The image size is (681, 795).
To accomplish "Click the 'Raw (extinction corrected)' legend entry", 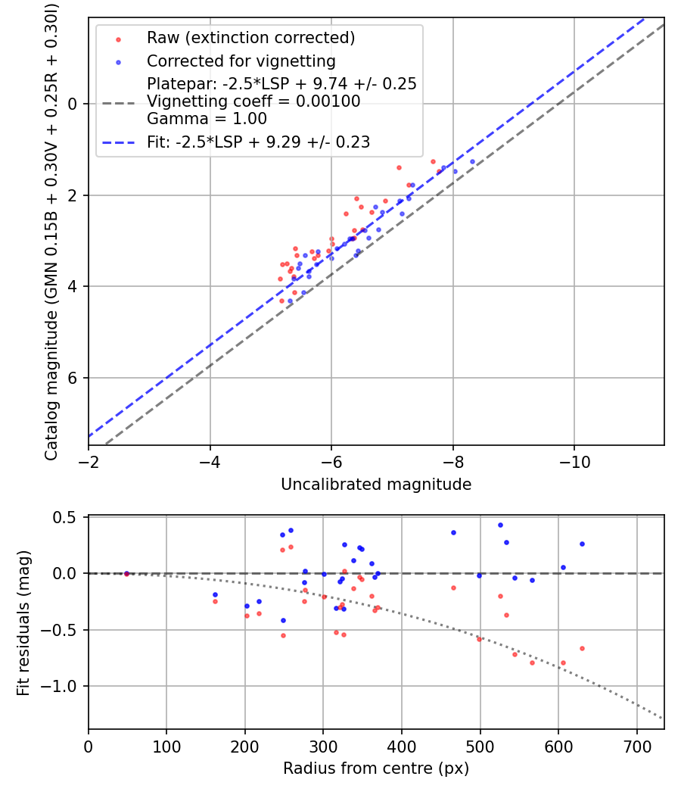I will point(250,38).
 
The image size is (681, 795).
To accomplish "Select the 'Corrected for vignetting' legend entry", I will point(241,61).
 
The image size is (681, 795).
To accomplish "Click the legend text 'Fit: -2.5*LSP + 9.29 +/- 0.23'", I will point(258,142).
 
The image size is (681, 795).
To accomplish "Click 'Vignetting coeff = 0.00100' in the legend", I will point(253,101).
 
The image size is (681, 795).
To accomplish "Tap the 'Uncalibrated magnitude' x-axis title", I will point(376,485).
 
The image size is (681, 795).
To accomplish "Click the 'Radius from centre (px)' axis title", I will point(376,768).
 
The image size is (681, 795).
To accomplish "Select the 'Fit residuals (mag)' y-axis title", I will point(23,622).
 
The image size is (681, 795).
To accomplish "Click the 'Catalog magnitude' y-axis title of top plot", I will point(51,231).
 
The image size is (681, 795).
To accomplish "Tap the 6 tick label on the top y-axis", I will point(73,378).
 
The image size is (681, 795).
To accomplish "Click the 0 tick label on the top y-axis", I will point(73,104).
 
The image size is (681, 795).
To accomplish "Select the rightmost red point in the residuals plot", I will point(582,648).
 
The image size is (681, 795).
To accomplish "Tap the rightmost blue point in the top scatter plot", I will point(472,161).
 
